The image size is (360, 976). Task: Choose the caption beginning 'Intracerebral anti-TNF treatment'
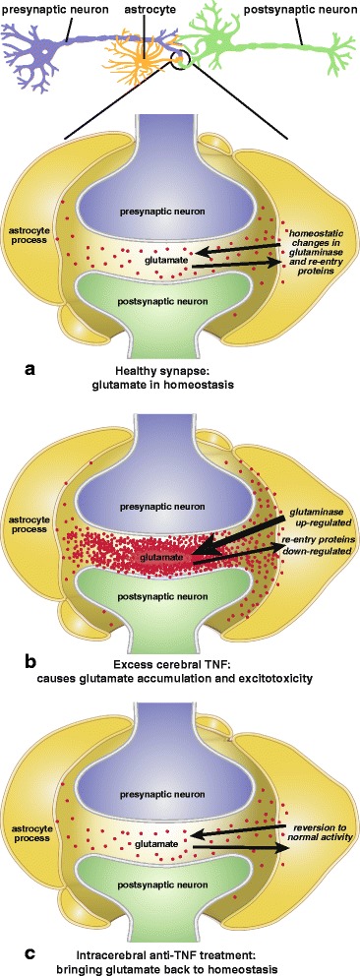pos(178,957)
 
